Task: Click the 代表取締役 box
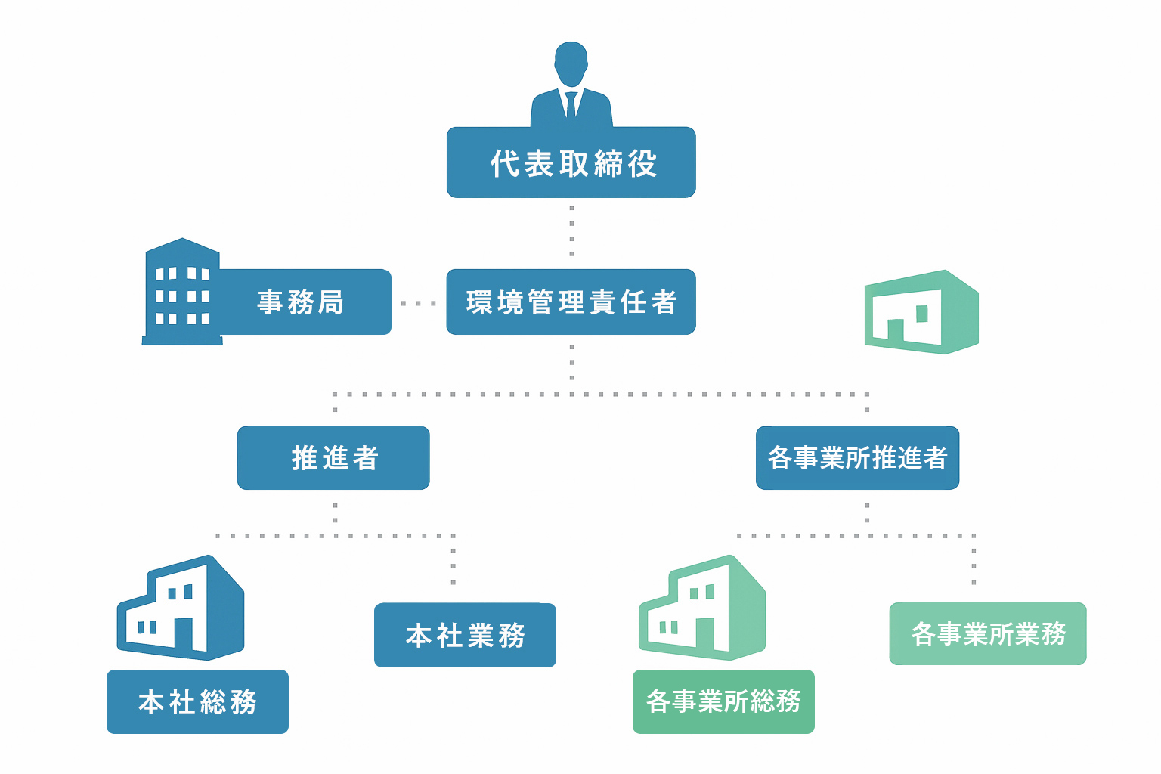571,163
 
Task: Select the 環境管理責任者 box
571,302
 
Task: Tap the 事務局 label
301,302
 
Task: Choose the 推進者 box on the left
333,458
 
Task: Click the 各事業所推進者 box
857,458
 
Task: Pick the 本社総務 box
197,701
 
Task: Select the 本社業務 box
465,635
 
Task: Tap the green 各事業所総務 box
723,701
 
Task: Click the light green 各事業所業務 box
987,633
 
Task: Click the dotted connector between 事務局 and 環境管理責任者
418,303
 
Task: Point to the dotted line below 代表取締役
571,231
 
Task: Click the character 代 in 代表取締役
503,163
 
